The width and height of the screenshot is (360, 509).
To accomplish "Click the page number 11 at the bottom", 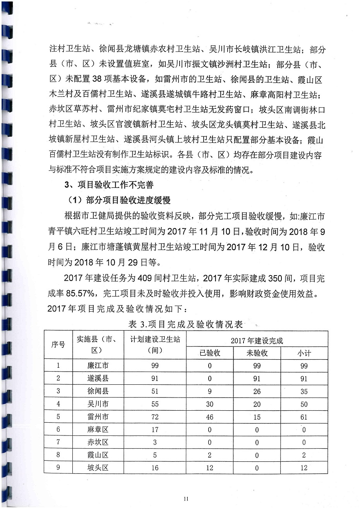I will tap(186, 498).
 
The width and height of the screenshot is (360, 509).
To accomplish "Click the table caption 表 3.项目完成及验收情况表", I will tap(185, 324).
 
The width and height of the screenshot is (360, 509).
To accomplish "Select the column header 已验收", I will tap(209, 353).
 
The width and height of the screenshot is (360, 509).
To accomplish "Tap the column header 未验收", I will tap(257, 353).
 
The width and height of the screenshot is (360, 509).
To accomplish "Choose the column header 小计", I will tap(304, 353).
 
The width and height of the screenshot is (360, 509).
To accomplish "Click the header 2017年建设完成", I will tap(257, 341).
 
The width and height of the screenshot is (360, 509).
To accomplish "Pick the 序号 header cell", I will tap(58, 344).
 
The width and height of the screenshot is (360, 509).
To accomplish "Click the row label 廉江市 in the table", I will tap(98, 366).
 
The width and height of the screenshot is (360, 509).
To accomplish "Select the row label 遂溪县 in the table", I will tap(98, 379).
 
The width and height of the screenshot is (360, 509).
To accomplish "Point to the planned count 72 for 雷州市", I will tap(155, 417).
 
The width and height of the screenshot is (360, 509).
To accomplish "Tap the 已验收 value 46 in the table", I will tap(209, 417).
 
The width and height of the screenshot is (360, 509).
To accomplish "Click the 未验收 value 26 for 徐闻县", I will tap(257, 391).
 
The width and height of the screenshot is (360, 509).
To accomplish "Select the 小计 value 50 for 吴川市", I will tap(304, 404).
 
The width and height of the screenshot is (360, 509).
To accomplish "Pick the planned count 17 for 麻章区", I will tap(155, 430).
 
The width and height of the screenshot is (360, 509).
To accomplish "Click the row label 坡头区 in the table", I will tap(98, 468).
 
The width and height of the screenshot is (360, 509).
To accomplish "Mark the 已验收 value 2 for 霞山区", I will tap(209, 455).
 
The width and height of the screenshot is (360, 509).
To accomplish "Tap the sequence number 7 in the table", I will tap(58, 442).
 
